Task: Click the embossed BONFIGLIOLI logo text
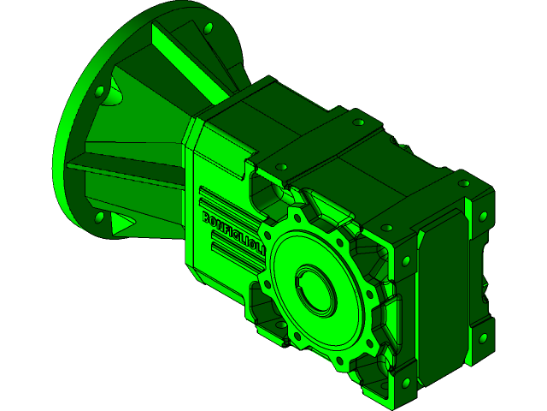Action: tap(232, 232)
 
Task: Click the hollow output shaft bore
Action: tap(315, 290)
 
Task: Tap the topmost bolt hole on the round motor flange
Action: tap(208, 29)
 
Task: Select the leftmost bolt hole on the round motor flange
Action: tap(100, 90)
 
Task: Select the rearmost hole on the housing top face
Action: tap(353, 120)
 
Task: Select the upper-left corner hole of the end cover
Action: tap(386, 229)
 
